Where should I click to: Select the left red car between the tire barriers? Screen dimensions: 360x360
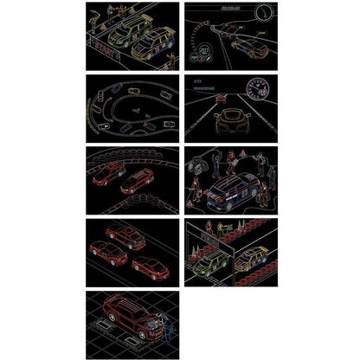tap(111, 176)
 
